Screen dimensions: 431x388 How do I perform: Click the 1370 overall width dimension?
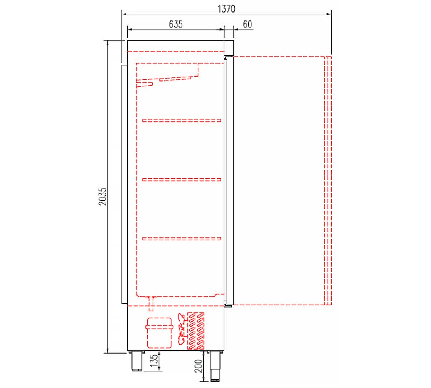227,9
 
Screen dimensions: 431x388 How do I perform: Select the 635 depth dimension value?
176,24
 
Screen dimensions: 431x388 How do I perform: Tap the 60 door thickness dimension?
247,24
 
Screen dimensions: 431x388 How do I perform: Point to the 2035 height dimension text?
103,197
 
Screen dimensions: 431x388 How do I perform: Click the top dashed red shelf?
181,120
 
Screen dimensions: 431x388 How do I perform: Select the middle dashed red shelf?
181,180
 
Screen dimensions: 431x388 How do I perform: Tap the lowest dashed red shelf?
181,239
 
